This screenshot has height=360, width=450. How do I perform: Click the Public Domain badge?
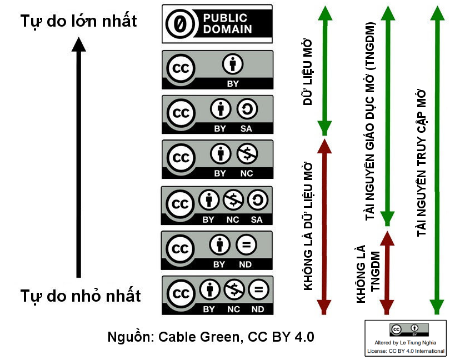click(217, 24)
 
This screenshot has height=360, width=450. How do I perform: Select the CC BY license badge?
click(217, 69)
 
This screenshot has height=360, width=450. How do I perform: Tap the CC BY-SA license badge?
click(217, 114)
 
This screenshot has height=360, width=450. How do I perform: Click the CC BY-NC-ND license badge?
click(217, 295)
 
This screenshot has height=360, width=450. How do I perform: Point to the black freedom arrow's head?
click(79, 44)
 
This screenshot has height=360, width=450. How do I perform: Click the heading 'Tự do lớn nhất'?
click(78, 21)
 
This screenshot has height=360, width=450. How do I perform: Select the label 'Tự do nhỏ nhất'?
click(81, 295)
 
